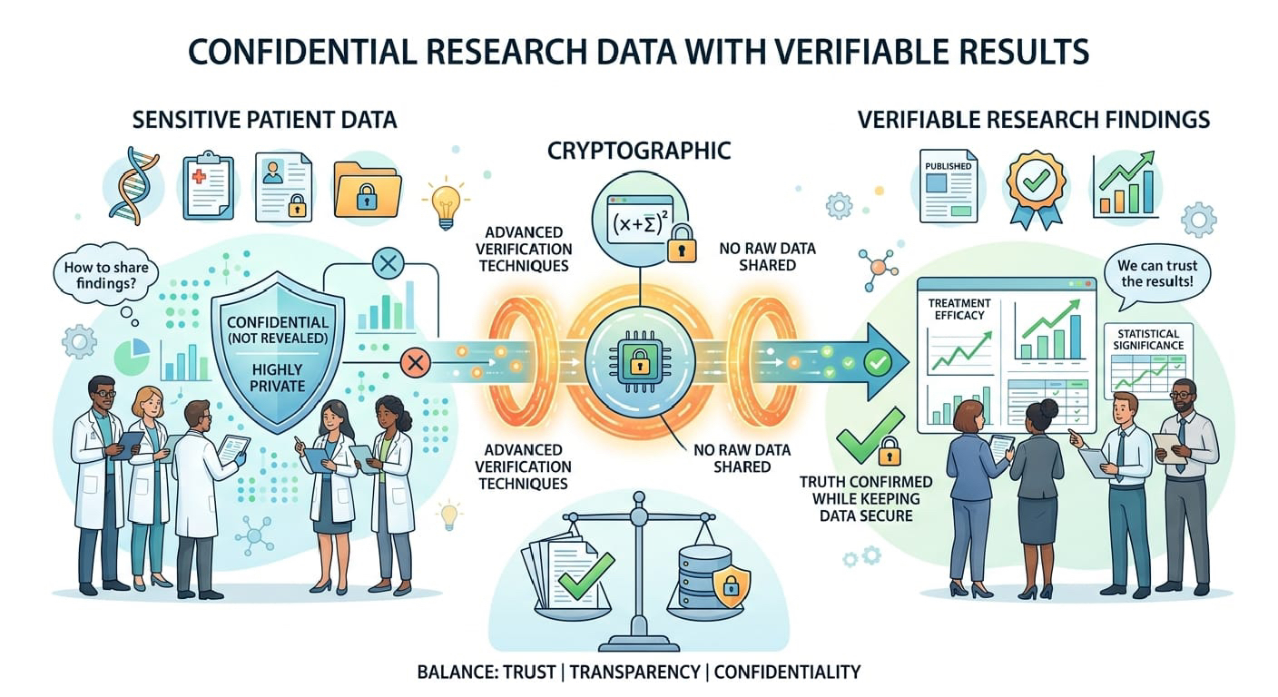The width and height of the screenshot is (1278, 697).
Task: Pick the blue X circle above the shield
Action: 390,265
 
